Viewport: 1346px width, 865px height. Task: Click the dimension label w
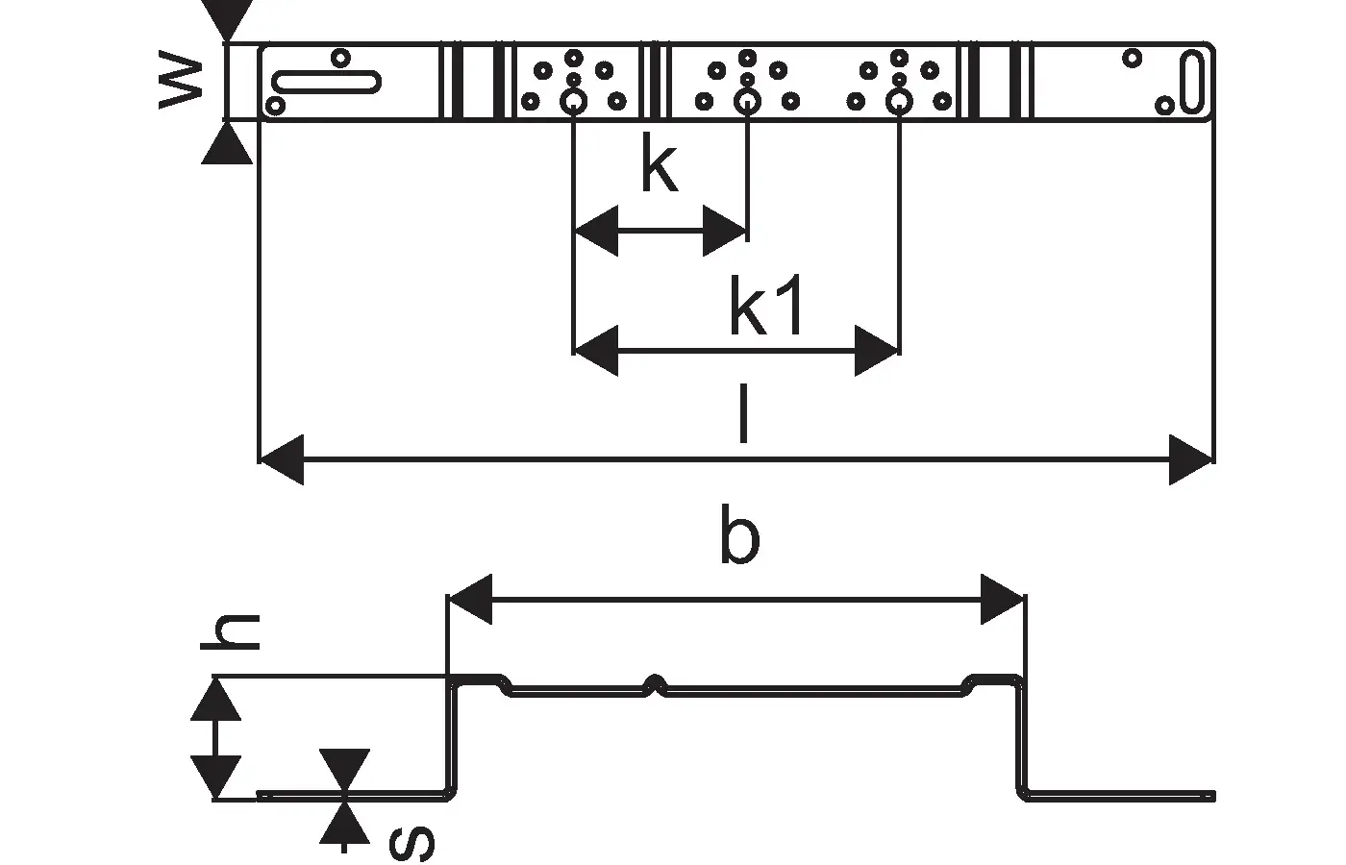pos(183,83)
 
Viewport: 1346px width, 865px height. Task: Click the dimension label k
pos(660,169)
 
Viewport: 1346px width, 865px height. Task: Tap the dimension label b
pos(739,538)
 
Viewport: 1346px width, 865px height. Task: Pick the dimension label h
pos(231,632)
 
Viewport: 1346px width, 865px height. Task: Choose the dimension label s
pos(411,843)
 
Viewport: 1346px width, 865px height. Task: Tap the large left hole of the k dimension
pos(574,101)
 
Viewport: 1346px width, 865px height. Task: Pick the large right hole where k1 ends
pos(899,101)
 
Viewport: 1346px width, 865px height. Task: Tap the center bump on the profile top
pos(656,683)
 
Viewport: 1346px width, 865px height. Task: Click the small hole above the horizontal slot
pos(339,58)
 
